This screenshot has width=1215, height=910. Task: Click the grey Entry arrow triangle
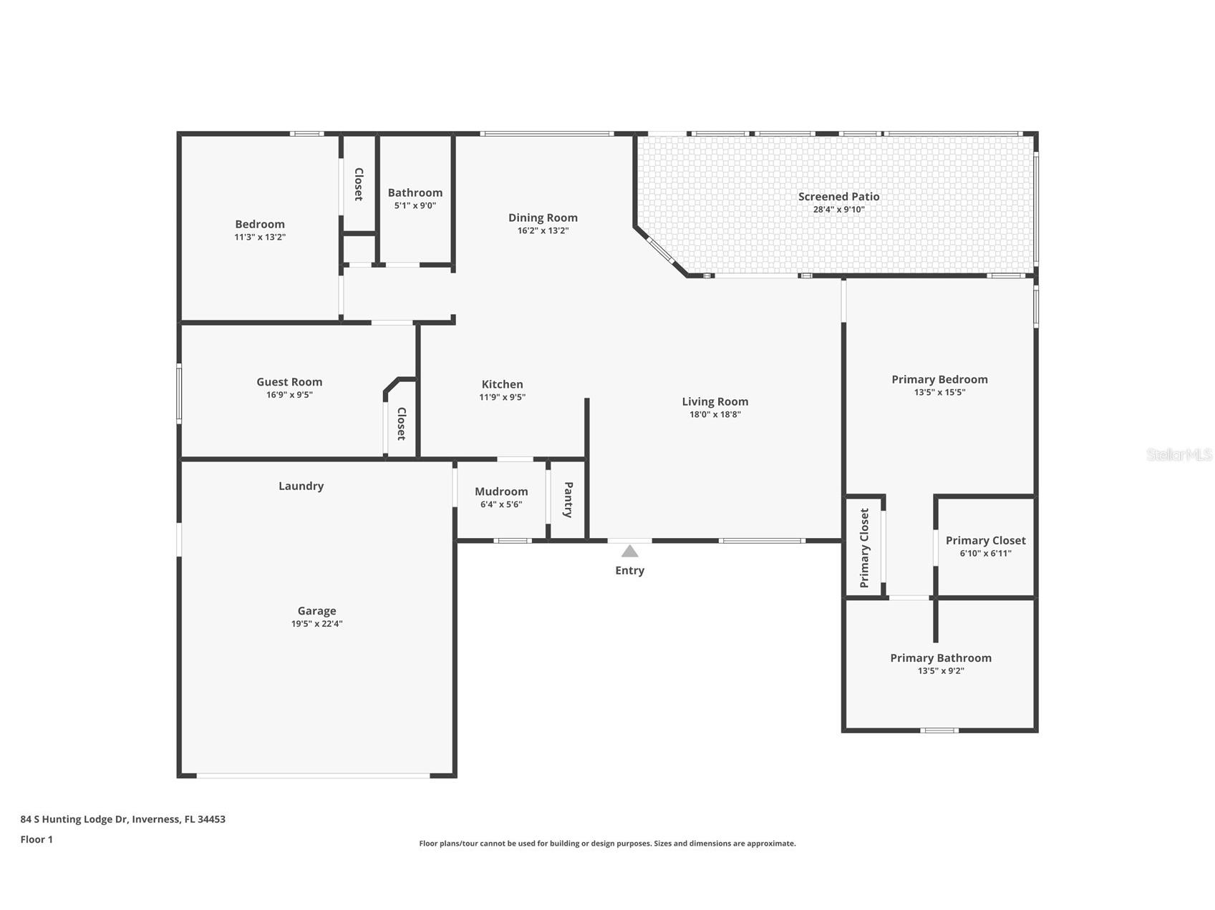coord(629,551)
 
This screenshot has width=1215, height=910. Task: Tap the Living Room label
coord(715,401)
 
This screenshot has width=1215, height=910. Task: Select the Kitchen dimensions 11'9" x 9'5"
coord(502,397)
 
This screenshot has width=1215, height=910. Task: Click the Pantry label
coord(568,499)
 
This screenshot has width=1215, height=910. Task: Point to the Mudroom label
coord(501,491)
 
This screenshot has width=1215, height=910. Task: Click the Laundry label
coord(301,486)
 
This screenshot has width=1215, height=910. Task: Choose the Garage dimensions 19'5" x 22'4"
coord(316,624)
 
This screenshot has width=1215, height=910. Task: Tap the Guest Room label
coord(289,382)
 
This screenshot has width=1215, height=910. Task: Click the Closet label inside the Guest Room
coord(402,424)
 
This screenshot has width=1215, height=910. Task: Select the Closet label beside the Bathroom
coord(359,184)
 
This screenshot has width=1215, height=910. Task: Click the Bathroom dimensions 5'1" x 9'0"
coord(415,205)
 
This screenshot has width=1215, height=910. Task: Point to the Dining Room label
coord(543,217)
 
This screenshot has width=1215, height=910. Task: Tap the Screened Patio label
coord(838,196)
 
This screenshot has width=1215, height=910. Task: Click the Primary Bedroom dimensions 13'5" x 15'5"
coord(939,392)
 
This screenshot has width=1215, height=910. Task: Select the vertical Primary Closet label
coord(864,548)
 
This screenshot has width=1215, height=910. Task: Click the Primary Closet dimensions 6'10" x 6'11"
coord(985,553)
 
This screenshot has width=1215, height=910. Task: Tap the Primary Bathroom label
coord(940,657)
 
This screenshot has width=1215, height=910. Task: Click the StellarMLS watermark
coord(1178,454)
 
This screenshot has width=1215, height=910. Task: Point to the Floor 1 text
coord(37,839)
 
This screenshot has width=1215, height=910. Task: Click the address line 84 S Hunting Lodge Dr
coord(122,819)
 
